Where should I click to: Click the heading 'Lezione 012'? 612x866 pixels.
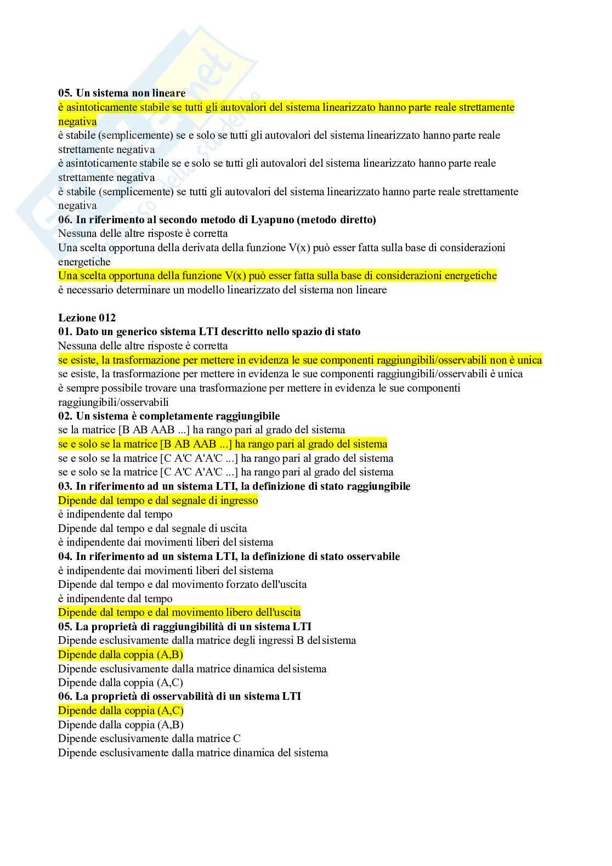(x=87, y=318)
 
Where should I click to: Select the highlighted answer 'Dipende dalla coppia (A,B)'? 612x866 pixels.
(x=121, y=654)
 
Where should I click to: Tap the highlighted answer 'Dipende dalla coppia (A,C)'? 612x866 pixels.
(x=121, y=710)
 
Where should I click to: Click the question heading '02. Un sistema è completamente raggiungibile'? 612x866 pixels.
(x=169, y=416)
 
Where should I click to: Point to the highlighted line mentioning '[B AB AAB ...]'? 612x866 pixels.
(x=223, y=444)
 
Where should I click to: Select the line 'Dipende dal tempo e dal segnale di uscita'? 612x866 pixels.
(x=152, y=528)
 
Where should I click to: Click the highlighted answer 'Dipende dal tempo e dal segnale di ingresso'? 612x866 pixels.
(x=158, y=500)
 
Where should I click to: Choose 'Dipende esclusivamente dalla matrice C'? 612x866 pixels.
(x=149, y=738)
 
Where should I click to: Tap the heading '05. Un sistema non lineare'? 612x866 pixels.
(x=122, y=93)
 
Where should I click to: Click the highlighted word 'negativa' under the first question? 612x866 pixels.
(x=77, y=121)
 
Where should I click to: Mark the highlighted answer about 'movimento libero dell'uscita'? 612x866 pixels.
(x=179, y=612)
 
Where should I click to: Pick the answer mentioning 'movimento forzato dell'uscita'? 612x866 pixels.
(x=182, y=584)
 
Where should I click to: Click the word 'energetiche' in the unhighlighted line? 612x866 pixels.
(x=84, y=262)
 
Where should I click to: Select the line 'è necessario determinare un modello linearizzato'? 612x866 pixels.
(x=222, y=290)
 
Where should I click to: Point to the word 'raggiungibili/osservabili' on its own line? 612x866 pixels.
(x=114, y=402)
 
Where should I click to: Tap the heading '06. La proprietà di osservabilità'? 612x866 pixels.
(x=179, y=696)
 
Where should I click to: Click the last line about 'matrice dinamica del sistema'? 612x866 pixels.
(x=193, y=752)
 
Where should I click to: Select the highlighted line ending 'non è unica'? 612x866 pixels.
(x=300, y=360)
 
